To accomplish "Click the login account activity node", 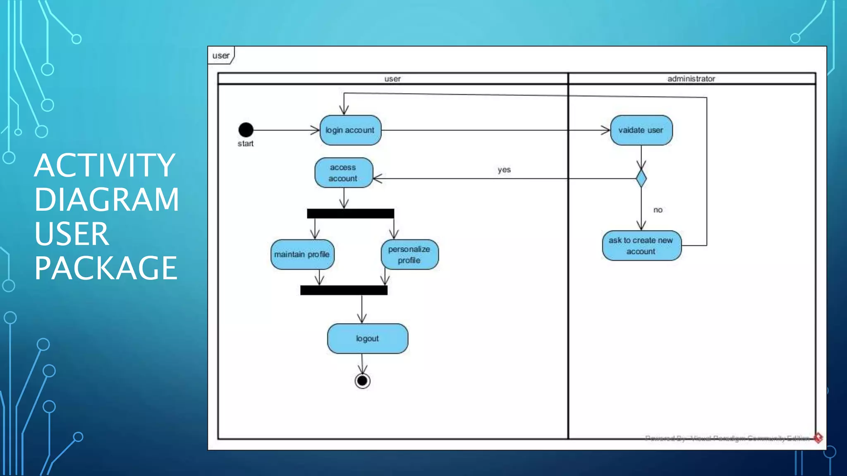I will click(x=350, y=130).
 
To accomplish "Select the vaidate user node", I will click(x=641, y=130).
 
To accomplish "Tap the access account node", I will click(x=343, y=173).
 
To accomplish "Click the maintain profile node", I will click(x=302, y=255).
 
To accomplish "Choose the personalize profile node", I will click(x=409, y=255).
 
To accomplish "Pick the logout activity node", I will click(x=367, y=338).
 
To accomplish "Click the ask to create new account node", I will click(x=641, y=245).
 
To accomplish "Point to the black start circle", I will click(x=246, y=130).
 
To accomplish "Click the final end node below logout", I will click(x=362, y=381).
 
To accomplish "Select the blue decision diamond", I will click(x=641, y=178).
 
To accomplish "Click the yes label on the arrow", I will click(x=504, y=169).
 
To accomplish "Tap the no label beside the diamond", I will click(x=658, y=210).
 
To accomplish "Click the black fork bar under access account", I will click(x=350, y=213).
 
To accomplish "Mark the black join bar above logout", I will click(x=344, y=290).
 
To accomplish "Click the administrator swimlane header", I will click(x=691, y=79).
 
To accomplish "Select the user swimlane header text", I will click(x=392, y=79).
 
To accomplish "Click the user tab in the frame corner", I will click(x=221, y=55).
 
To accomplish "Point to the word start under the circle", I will click(x=245, y=143).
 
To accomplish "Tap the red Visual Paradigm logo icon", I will click(x=818, y=438).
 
